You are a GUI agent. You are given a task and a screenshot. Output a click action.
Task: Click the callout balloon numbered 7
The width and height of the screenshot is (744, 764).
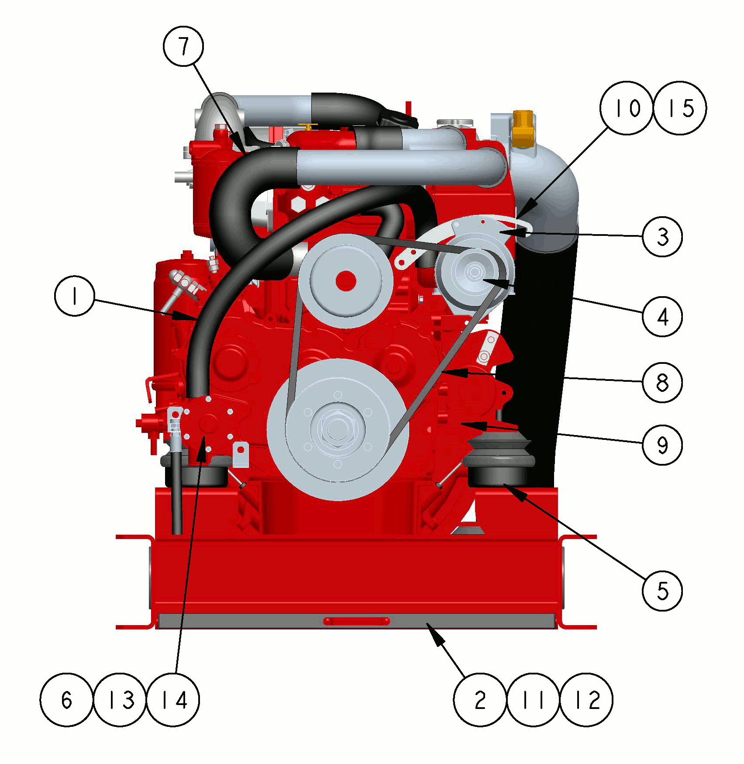183,46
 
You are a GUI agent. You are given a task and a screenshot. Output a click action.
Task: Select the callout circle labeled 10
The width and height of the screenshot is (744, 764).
627,108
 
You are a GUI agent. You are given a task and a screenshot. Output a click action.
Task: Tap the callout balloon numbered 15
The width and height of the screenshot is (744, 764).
679,108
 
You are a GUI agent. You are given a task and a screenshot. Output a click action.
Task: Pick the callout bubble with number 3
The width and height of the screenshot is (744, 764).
662,237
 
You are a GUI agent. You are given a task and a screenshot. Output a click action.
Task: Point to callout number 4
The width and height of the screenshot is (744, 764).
662,316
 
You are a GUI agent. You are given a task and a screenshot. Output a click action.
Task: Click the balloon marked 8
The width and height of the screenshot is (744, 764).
662,382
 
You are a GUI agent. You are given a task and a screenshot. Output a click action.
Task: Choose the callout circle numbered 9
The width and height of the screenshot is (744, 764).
662,445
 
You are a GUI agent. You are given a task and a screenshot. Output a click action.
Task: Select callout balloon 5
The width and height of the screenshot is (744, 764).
662,591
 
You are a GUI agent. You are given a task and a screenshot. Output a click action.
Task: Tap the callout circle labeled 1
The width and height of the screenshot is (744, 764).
75,296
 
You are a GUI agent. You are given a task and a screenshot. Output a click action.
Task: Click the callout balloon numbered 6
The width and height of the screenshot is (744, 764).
66,700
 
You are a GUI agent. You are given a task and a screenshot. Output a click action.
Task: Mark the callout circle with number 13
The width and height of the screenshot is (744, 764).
120,700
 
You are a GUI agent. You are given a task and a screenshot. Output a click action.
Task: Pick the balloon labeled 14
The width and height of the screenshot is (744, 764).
173,700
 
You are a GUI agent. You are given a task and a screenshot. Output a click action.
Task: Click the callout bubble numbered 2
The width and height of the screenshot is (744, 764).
480,700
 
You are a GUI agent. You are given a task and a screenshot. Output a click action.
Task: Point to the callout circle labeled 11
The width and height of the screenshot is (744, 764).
534,700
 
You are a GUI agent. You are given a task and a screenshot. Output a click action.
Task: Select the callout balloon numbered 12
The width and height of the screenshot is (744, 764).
586,700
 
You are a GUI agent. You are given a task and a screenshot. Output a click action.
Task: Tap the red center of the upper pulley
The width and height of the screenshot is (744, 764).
346,281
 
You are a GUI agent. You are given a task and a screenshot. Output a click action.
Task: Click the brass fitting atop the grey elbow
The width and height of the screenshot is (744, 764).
523,128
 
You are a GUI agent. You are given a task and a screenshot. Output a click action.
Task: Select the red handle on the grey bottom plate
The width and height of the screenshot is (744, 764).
356,621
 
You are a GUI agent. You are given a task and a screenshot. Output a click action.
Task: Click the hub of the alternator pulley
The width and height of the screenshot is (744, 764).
474,273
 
